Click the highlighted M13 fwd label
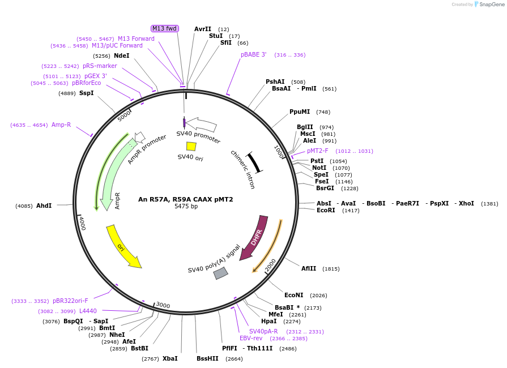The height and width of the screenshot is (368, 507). click(164, 28)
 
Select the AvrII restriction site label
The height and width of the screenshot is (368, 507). click(202, 29)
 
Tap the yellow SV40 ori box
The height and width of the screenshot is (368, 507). click(191, 146)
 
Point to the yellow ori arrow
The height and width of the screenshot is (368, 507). click(123, 246)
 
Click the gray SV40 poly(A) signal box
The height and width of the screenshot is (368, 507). click(220, 273)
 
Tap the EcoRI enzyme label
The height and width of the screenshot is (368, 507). click(326, 210)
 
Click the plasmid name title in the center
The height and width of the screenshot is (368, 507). click(185, 199)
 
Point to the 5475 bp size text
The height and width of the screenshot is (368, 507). click(186, 207)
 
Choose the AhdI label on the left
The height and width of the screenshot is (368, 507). click(44, 206)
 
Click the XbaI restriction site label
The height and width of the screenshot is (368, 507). click(170, 358)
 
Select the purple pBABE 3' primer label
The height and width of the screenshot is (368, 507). click(253, 55)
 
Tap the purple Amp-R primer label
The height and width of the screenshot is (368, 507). click(61, 125)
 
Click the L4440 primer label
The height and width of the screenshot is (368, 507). click(88, 311)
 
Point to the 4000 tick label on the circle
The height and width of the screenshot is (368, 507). click(82, 222)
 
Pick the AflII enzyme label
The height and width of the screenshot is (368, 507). click(312, 268)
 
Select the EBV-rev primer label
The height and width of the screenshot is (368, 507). click(251, 338)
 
